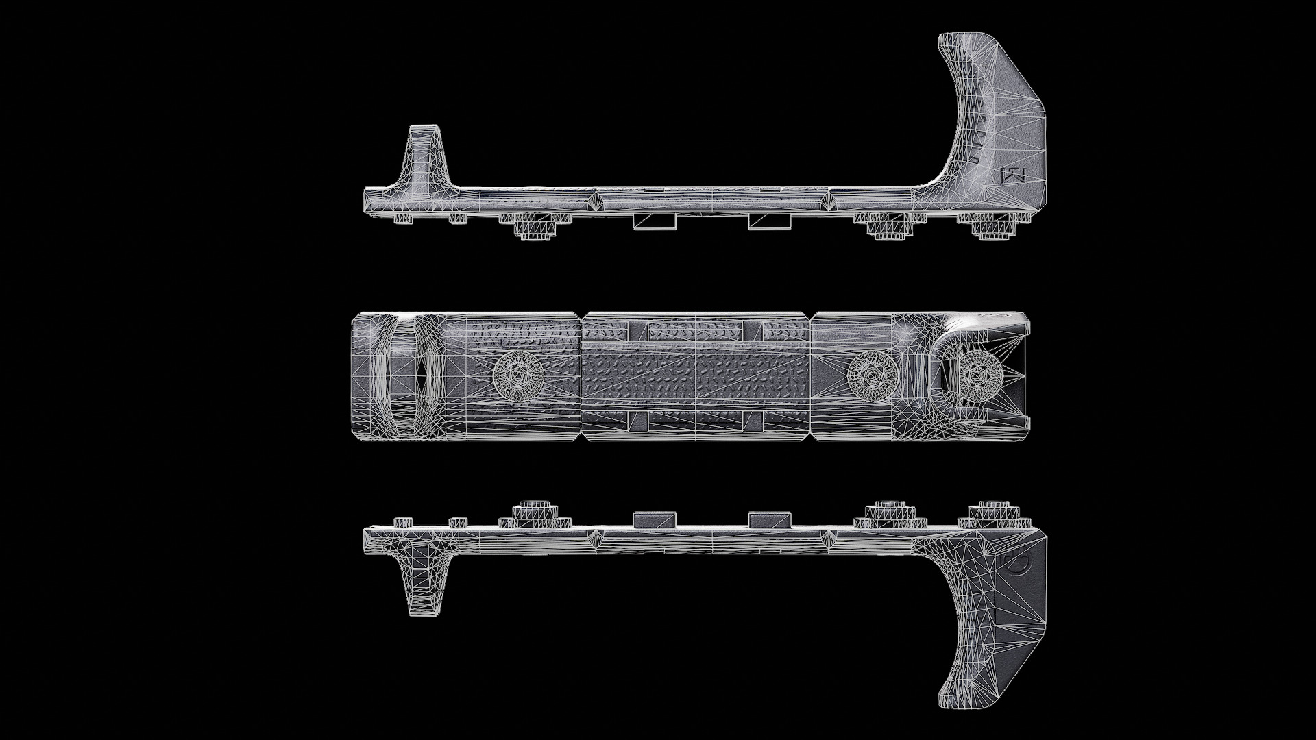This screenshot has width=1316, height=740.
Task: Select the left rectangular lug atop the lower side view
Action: coord(655,519)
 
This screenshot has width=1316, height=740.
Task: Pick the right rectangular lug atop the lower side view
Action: coord(769,519)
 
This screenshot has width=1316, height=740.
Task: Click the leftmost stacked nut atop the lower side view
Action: coord(535,513)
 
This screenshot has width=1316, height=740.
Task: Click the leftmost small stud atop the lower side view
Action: coord(402,523)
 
